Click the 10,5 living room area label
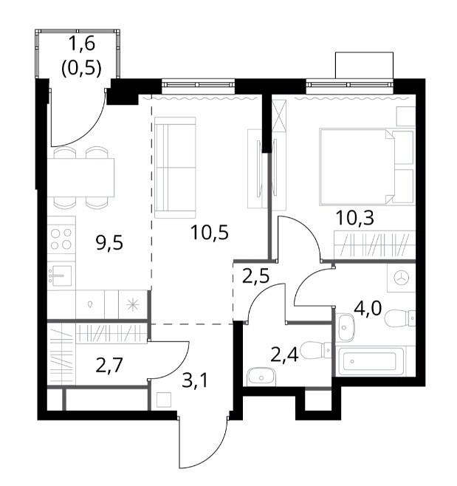[x=210, y=233]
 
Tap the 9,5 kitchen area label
[x=109, y=243]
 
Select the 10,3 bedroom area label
[x=355, y=218]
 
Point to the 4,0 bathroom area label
[x=368, y=308]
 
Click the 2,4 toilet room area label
[x=284, y=355]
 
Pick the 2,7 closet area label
[x=110, y=365]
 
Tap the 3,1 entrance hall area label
[x=195, y=380]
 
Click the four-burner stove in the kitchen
[x=61, y=239]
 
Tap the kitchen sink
[x=61, y=275]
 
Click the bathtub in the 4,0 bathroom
[x=371, y=361]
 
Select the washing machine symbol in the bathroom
[x=401, y=278]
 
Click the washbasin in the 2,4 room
[x=261, y=377]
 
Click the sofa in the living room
[x=176, y=168]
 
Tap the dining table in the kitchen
[x=81, y=177]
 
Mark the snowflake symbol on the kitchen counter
[x=133, y=305]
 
